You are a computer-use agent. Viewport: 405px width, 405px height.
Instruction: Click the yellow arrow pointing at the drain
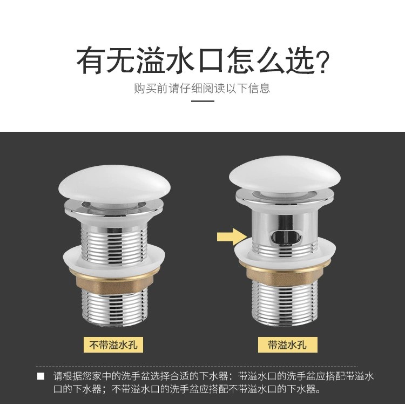pyautogui.click(x=232, y=237)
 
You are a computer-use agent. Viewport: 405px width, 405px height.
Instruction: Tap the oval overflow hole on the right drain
pyautogui.click(x=286, y=237)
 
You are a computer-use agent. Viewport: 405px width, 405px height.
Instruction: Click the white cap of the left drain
pyautogui.click(x=114, y=184)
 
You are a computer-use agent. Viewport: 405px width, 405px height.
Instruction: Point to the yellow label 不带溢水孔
pyautogui.click(x=113, y=345)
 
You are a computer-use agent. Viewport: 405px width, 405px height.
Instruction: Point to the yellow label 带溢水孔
pyautogui.click(x=287, y=345)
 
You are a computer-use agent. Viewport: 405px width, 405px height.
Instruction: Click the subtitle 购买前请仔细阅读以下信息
pyautogui.click(x=202, y=88)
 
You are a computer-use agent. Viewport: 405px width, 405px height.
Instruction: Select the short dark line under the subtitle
pyautogui.click(x=202, y=101)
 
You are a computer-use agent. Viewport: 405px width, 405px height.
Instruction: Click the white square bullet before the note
pyautogui.click(x=41, y=376)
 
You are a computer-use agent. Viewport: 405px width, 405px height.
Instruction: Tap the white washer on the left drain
pyautogui.click(x=114, y=259)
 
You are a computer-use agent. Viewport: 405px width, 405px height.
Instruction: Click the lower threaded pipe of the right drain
pyautogui.click(x=285, y=301)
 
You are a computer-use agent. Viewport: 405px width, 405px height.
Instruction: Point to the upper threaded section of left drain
pyautogui.click(x=114, y=243)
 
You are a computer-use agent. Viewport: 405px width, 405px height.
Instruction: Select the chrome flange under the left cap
pyautogui.click(x=114, y=209)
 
